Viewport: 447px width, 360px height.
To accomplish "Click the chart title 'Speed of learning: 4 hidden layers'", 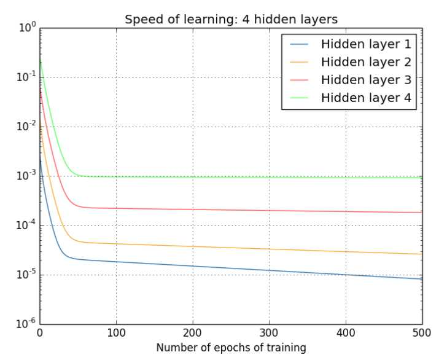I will click(x=231, y=19).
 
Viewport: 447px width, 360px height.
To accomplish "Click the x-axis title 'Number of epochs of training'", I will click(x=231, y=348).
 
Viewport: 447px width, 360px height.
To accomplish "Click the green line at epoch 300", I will click(x=270, y=177).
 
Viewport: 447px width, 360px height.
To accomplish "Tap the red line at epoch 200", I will click(x=193, y=209).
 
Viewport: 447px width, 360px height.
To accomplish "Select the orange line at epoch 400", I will click(x=346, y=251).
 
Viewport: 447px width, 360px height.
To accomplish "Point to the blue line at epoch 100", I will click(x=116, y=262).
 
